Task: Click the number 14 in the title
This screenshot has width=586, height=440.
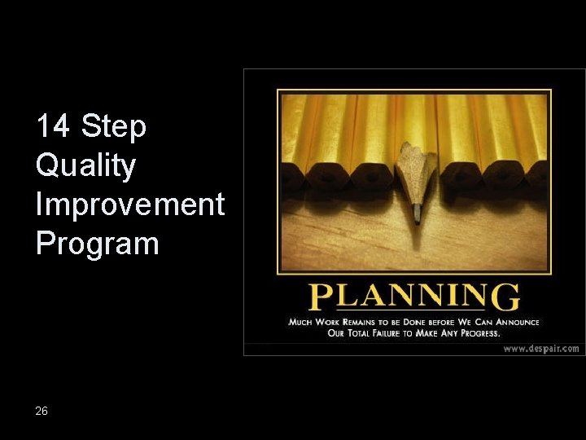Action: click(54, 127)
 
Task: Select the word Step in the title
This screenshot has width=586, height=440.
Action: click(114, 127)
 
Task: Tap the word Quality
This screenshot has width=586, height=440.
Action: click(85, 166)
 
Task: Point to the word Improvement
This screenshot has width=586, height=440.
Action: click(129, 205)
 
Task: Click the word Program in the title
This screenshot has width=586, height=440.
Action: click(97, 244)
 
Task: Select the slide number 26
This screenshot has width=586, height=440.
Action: click(42, 411)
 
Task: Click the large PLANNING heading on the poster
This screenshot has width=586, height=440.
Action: click(414, 297)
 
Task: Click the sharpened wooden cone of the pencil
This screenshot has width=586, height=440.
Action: click(414, 175)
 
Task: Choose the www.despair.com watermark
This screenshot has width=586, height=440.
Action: click(540, 348)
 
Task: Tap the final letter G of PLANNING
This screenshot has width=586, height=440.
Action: click(505, 297)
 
